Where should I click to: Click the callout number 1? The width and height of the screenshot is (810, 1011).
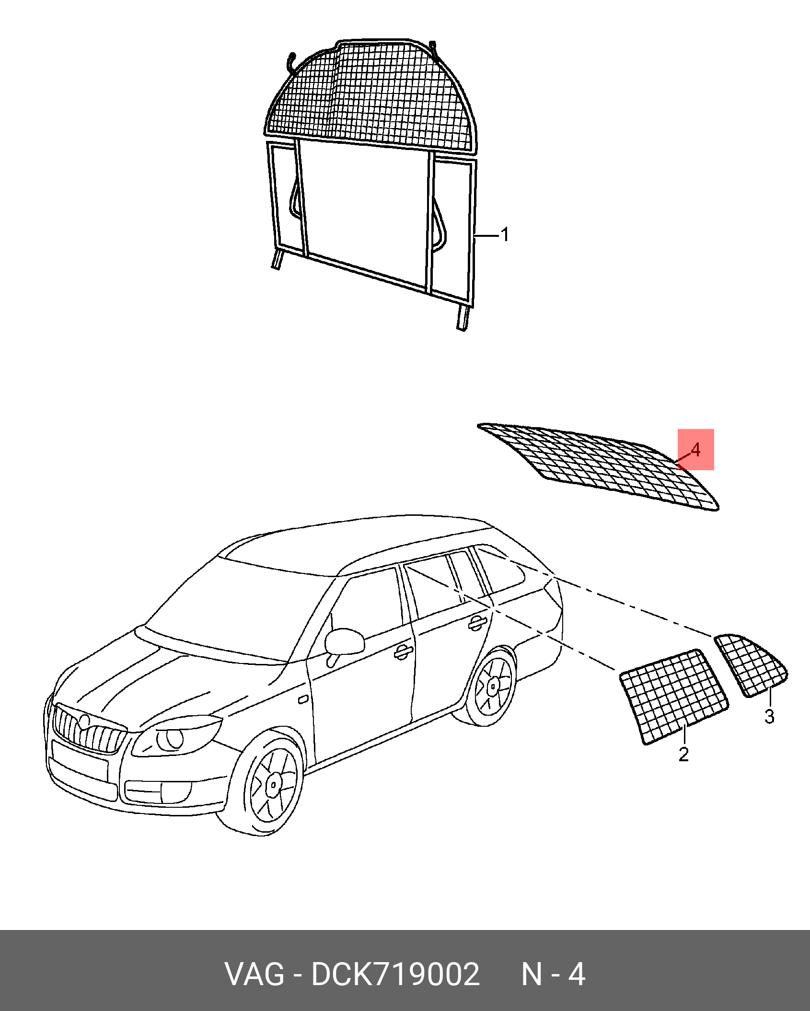(x=504, y=235)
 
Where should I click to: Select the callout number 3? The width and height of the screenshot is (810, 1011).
(x=769, y=730)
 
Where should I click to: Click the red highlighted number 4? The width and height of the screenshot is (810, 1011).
(x=695, y=450)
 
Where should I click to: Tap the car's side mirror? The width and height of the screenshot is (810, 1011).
(x=343, y=641)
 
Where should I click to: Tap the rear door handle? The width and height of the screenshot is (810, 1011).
(x=477, y=622)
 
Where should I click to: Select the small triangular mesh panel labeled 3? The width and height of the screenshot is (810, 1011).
(x=751, y=664)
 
